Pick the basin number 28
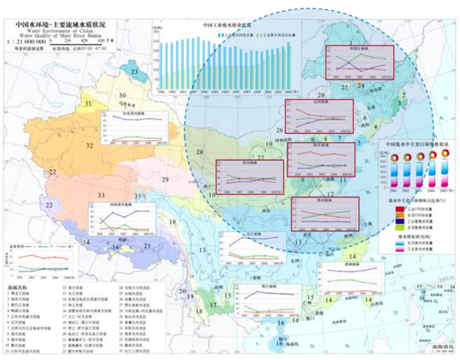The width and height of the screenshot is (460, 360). pos(200,151)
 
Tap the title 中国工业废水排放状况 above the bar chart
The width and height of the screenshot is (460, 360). pos(229,25)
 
